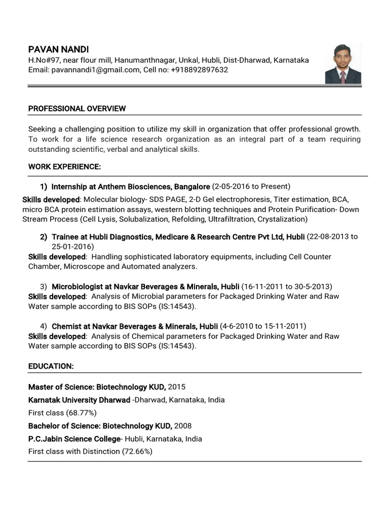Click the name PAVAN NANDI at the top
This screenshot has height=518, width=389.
(58, 49)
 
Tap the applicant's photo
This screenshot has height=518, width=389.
(343, 64)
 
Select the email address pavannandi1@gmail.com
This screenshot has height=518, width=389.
(95, 70)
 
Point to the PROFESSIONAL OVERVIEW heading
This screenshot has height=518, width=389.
(77, 109)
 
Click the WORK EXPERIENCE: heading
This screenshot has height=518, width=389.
(64, 166)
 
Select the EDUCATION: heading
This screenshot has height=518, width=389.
(51, 366)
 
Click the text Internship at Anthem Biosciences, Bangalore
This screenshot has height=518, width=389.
(131, 186)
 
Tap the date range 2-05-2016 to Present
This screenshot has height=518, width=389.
(251, 186)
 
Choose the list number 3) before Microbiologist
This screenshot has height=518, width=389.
(44, 286)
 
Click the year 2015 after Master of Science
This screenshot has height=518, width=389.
(177, 387)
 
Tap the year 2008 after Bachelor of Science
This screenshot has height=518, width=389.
(183, 425)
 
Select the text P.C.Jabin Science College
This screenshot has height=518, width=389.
(74, 438)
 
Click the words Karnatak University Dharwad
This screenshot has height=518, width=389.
(79, 400)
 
